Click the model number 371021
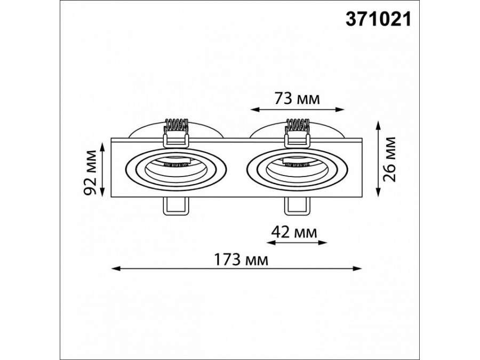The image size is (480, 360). [x=378, y=20]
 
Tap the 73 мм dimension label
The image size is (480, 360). [x=297, y=99]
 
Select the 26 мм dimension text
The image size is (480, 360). [x=389, y=159]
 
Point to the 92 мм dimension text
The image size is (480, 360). [x=91, y=172]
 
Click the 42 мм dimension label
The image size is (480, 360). [x=293, y=233]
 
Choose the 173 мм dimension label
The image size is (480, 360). [x=241, y=260]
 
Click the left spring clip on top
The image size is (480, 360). [x=176, y=132]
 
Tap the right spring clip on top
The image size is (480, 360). [x=297, y=132]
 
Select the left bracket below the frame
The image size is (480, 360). [x=176, y=206]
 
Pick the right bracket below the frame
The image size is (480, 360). [x=297, y=206]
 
